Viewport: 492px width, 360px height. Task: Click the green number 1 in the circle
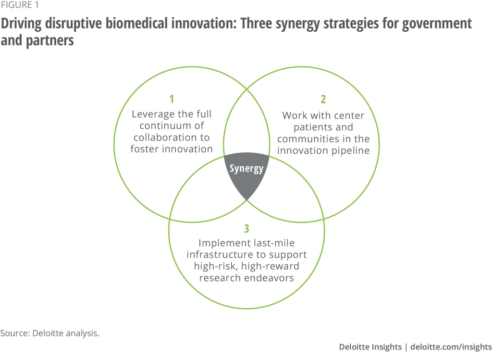(172, 99)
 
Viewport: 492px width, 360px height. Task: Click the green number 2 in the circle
(323, 99)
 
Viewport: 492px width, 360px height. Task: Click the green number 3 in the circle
(246, 228)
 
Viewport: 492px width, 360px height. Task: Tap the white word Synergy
(246, 169)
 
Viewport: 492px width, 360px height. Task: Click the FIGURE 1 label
(20, 5)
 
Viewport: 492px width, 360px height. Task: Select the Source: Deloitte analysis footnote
(50, 333)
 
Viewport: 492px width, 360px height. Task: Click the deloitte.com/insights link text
(451, 347)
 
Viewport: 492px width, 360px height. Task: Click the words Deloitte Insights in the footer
(370, 347)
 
